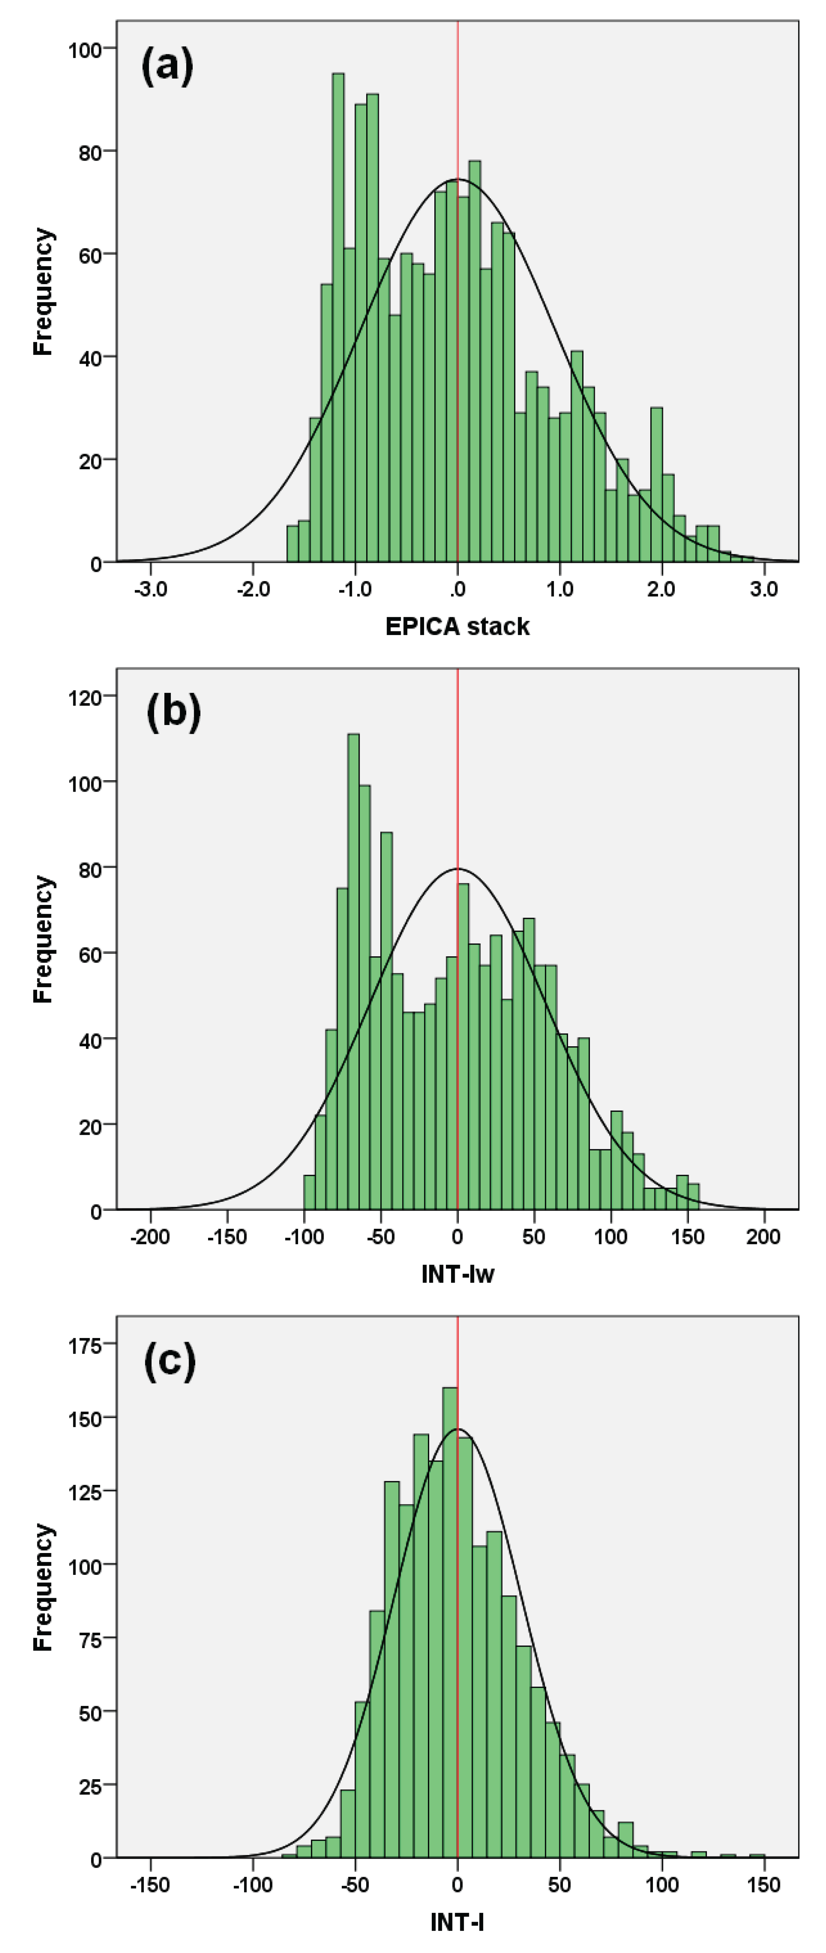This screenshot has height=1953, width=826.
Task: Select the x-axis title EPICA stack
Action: (457, 626)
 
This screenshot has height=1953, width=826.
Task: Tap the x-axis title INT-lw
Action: (457, 1274)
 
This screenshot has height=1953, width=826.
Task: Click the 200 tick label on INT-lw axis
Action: (763, 1236)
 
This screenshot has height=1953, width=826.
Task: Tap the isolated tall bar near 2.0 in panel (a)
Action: (657, 485)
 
